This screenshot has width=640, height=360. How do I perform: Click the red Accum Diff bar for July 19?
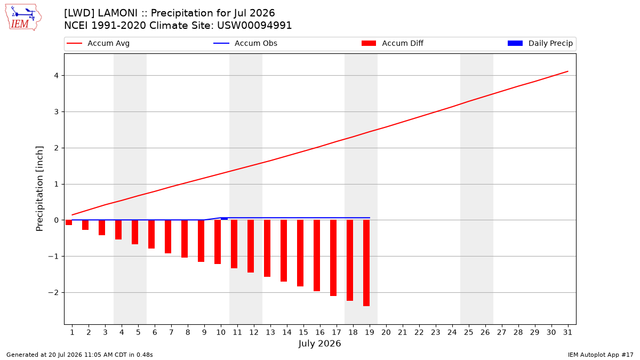coord(366,263)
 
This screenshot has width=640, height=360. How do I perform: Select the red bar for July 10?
coord(218,242)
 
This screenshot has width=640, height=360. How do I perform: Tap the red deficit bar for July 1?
coord(69,222)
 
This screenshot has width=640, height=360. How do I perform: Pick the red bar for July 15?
coord(300,253)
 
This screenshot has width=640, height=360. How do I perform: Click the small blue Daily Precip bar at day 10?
coord(225,219)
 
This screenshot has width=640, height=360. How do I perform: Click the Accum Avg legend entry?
coord(98,43)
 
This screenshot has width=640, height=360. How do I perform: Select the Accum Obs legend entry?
coord(245,43)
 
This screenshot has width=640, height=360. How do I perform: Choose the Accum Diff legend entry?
coord(393,43)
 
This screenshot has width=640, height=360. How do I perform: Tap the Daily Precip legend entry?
coord(540,43)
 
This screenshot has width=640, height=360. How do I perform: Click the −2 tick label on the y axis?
coord(53,293)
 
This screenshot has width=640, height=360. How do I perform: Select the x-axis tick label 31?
coord(567,332)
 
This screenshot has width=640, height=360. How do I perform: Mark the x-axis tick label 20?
coord(386,332)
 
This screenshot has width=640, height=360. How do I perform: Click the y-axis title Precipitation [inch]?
coord(39,189)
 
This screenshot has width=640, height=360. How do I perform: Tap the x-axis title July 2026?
coord(319,343)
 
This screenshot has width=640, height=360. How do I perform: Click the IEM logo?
coord(23,18)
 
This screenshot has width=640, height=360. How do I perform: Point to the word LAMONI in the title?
coord(117,13)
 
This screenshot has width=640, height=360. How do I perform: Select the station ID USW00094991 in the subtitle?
coord(254,26)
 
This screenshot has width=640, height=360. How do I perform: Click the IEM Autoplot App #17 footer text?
coord(601,355)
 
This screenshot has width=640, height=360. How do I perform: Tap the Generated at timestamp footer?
coord(79,355)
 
